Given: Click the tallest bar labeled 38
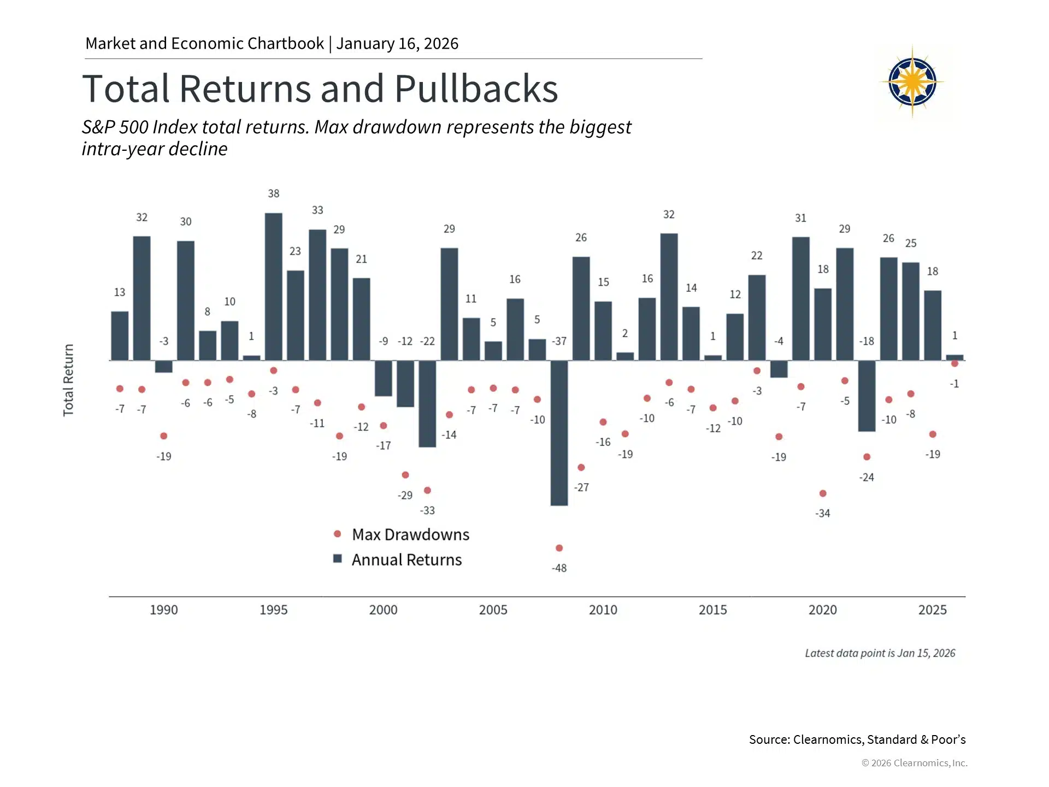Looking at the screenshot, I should point(274,286).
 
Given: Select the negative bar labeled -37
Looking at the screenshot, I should point(559,433).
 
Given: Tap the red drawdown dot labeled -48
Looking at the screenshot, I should point(559,548).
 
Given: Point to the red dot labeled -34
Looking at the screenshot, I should point(823,494).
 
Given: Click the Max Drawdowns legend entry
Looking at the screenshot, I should point(402,535).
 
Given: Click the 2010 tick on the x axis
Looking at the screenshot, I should point(603,610).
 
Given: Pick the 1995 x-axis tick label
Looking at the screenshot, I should point(273,610).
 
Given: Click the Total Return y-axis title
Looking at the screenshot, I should point(68,380).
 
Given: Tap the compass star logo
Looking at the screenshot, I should point(912,83).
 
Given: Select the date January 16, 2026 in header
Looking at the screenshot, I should point(397,44).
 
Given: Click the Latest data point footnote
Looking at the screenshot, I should point(880,653).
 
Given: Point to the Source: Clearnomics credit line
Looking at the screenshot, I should point(857,739).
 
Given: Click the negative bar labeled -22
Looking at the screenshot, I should point(427,404).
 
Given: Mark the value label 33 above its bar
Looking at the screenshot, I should point(317,210).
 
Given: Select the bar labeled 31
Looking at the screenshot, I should point(801,298).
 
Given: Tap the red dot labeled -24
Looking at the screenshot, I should point(867,457).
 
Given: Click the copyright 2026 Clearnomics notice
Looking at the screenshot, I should point(914,763).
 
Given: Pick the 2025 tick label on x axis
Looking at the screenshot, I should point(932,610).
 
